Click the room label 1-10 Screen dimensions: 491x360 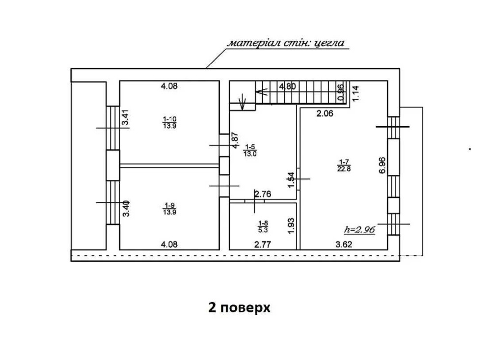[169, 119]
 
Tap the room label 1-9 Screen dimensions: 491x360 [169, 205]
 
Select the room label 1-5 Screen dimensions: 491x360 [250, 147]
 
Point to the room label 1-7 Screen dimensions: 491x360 [344, 162]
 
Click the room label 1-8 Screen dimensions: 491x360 [263, 223]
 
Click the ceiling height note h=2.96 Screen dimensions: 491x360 [359, 230]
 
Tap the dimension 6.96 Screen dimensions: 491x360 [382, 166]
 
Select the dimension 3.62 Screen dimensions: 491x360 [344, 244]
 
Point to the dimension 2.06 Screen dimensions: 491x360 [325, 113]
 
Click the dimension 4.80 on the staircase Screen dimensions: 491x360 [287, 86]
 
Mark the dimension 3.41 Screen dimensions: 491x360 [126, 117]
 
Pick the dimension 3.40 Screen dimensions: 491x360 [126, 209]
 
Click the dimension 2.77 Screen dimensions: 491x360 [262, 244]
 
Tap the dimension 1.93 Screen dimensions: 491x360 [291, 226]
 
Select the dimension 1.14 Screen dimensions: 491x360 [355, 93]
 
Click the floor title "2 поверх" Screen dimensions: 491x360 [239, 307]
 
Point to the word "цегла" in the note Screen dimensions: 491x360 [329, 43]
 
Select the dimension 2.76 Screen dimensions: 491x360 [263, 194]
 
